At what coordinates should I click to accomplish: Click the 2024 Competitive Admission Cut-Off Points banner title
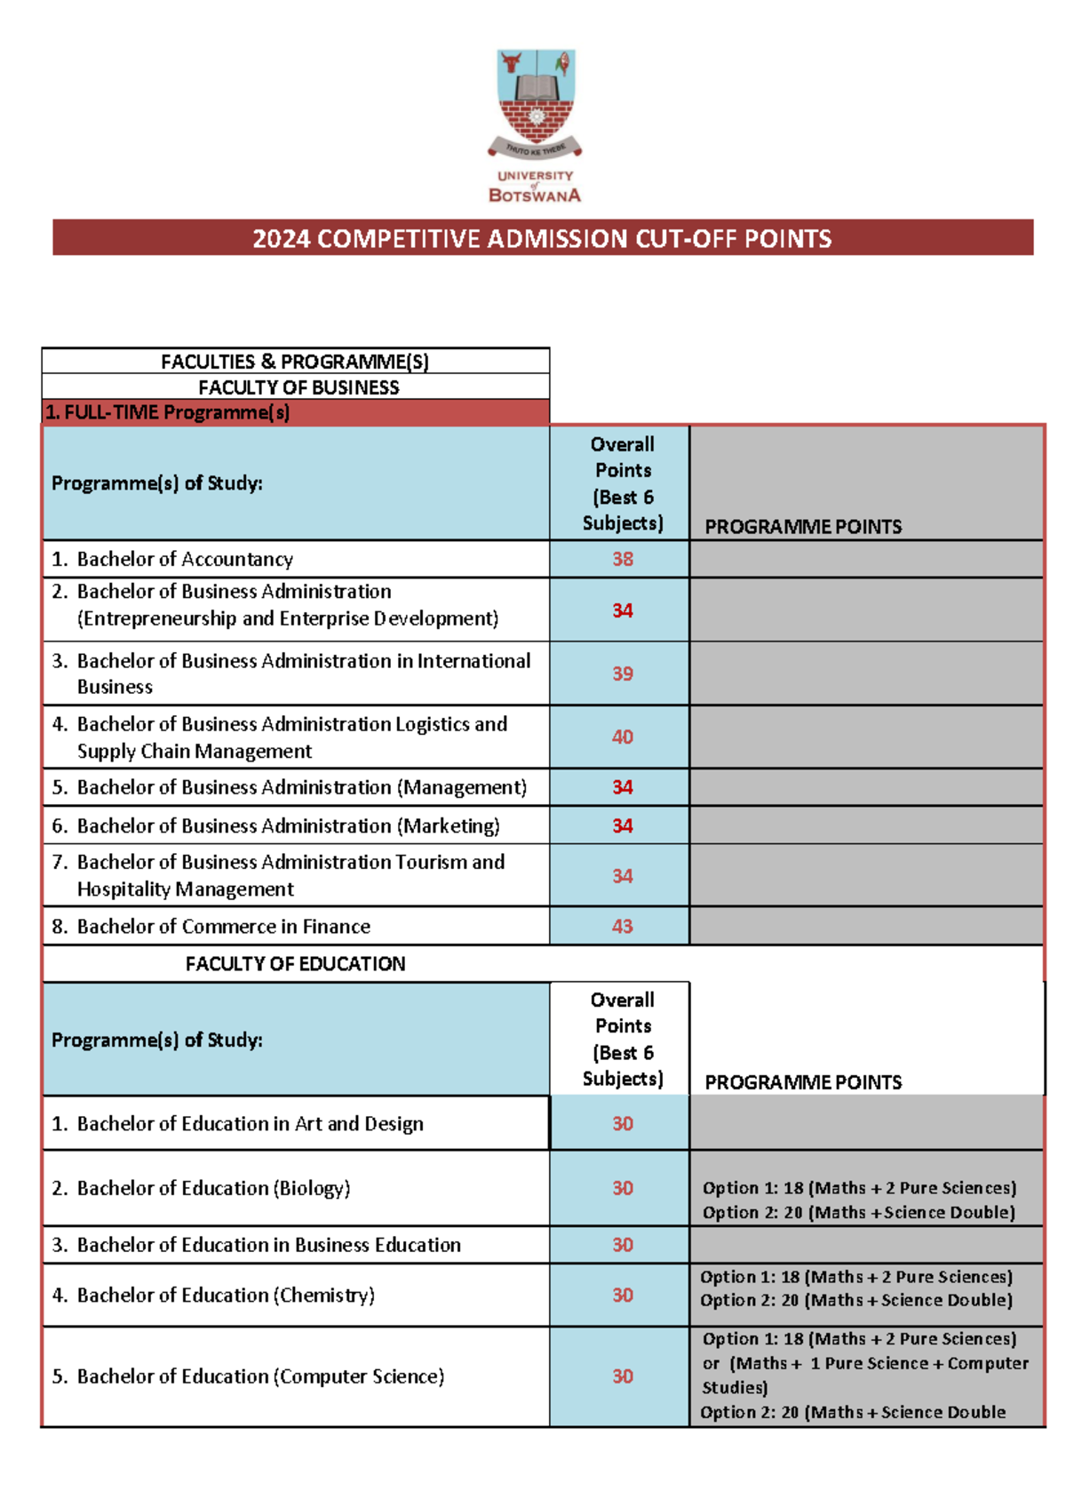pos(542,238)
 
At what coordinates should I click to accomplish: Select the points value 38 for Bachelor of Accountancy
pos(622,559)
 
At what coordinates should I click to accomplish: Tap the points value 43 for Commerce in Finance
pos(622,926)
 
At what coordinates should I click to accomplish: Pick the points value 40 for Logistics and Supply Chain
pos(622,737)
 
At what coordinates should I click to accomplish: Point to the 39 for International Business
pos(622,674)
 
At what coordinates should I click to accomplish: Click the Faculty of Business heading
pos(298,387)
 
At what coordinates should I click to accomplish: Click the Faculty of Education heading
pos(295,963)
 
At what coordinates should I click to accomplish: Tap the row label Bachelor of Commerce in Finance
pos(223,926)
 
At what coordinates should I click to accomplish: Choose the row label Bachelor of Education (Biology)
pos(213,1188)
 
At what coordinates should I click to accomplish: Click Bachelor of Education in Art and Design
pos(250,1123)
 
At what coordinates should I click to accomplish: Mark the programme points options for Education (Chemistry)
pos(856,1288)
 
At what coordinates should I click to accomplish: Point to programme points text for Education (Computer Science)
pos(864,1375)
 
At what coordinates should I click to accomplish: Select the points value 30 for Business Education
pos(622,1245)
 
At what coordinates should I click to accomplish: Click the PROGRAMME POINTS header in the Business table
pos(803,527)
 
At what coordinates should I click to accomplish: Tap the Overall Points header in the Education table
pos(622,1039)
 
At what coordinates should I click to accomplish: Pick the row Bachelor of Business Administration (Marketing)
pos(288,825)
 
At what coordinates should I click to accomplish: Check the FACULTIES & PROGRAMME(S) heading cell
pos(295,362)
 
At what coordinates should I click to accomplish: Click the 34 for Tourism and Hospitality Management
pos(622,876)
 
